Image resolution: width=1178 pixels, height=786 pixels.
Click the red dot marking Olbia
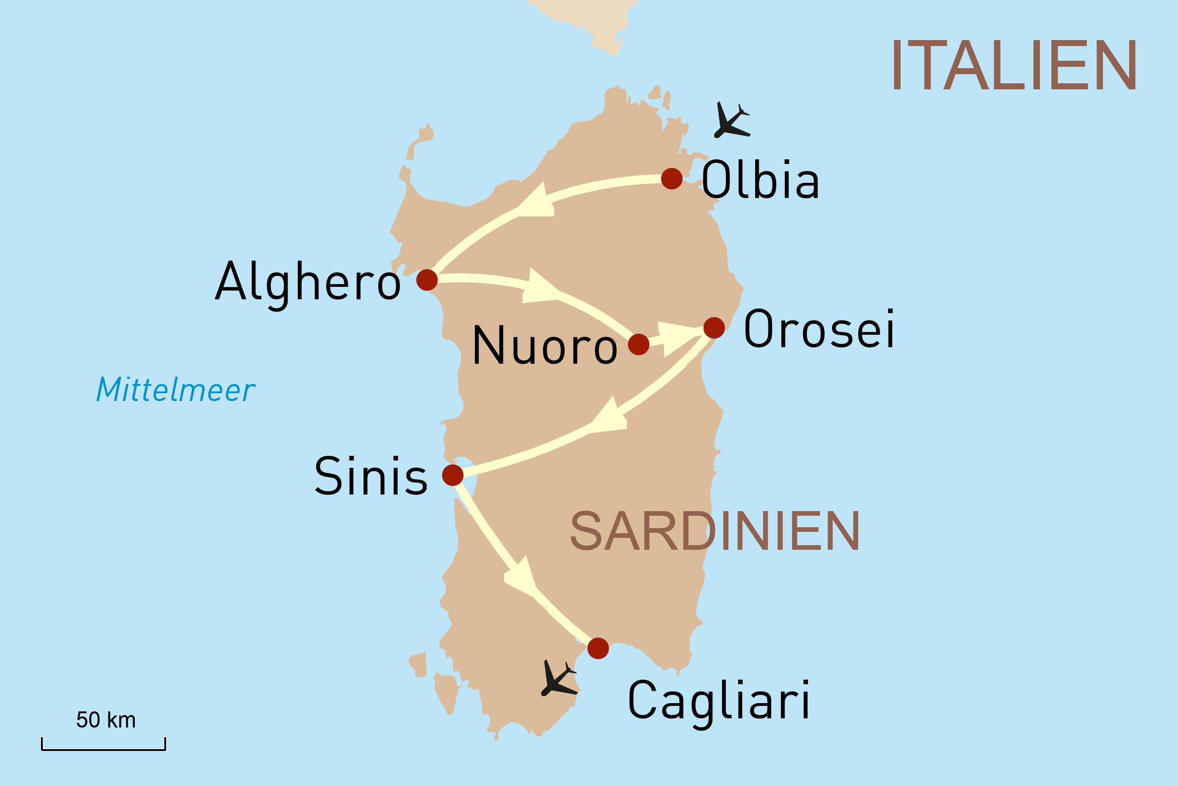(672, 179)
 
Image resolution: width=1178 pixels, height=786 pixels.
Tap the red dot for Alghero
(427, 279)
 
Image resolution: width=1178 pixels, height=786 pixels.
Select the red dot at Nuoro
(639, 345)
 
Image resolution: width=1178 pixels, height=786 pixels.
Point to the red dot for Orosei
(714, 328)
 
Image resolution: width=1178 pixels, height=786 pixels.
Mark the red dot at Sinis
(453, 475)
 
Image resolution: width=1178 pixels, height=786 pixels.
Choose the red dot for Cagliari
(598, 648)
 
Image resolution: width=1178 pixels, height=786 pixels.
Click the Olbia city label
(760, 180)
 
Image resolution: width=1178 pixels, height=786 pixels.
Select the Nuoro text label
(544, 346)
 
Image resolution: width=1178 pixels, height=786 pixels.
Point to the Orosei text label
(820, 329)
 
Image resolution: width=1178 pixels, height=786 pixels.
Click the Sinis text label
(371, 476)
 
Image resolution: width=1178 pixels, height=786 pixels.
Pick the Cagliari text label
(719, 701)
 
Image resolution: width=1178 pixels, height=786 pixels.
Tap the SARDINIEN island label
(715, 531)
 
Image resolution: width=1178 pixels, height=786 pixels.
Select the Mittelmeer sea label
(176, 390)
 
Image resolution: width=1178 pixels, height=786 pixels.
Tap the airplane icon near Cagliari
(558, 680)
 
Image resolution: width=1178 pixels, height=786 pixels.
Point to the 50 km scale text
(106, 720)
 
